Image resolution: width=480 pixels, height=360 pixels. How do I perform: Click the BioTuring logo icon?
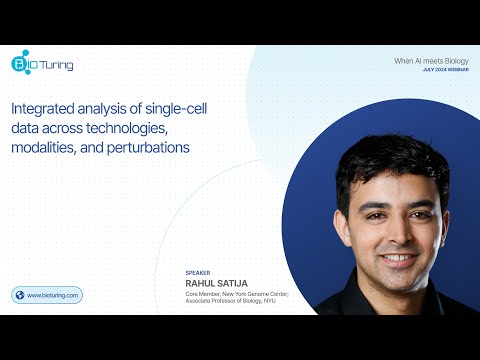coord(20,64)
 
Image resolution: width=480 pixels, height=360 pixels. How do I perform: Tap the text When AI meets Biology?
coord(431,61)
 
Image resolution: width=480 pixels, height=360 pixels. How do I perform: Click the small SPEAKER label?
coord(198,272)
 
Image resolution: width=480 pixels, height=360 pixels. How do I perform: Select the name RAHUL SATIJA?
coord(215,282)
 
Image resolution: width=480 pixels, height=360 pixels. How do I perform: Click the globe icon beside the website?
coord(19,295)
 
